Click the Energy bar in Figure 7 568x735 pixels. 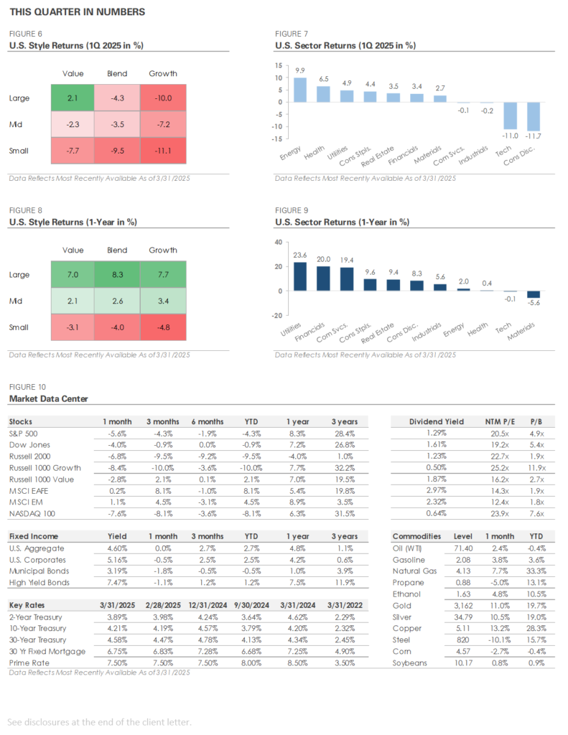(x=300, y=90)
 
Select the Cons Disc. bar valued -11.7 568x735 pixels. (x=533, y=116)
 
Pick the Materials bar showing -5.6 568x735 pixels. (x=533, y=294)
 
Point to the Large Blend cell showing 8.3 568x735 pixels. (x=117, y=274)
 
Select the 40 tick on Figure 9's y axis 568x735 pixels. (x=279, y=242)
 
